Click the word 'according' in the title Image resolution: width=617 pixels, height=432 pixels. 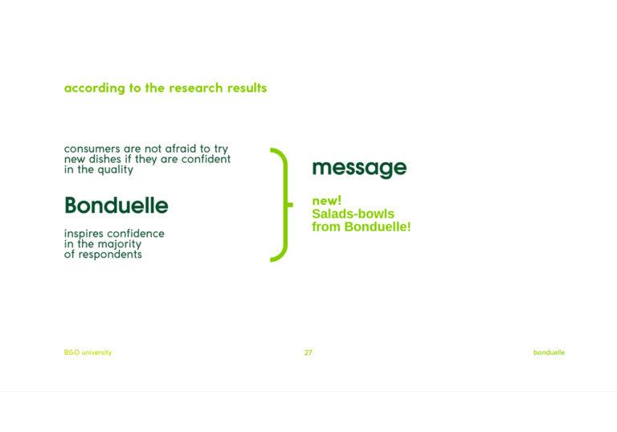[95, 88]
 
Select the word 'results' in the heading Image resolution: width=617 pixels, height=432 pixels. [247, 88]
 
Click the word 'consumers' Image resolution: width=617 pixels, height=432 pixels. [92, 149]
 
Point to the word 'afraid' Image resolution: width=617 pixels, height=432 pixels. [180, 149]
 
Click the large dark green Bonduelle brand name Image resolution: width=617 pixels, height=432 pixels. [116, 205]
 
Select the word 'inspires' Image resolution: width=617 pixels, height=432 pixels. [84, 234]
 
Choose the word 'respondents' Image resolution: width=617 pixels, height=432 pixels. [110, 255]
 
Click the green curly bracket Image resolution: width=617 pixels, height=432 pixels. [286, 205]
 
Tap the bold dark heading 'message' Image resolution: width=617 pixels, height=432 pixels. [359, 168]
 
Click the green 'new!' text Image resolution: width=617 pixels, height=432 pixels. [327, 201]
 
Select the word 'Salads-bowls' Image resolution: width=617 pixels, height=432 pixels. [353, 214]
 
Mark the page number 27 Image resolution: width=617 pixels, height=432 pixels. [308, 353]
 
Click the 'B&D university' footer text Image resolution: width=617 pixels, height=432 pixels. [88, 353]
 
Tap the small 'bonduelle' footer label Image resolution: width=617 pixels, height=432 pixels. [549, 353]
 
